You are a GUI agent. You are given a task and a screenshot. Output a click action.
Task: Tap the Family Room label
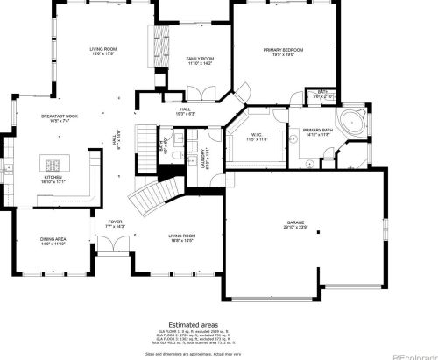[200, 60]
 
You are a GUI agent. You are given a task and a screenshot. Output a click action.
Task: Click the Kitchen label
[54, 180]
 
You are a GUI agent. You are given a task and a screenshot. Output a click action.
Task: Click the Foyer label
[115, 224]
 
